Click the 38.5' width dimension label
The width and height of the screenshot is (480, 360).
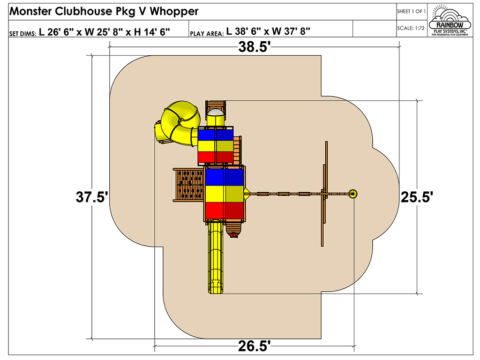(255, 47)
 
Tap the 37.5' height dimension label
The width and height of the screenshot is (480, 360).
(92, 197)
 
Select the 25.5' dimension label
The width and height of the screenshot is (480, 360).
(417, 197)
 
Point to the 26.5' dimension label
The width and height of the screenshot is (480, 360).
(255, 346)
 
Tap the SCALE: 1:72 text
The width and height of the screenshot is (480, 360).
(411, 28)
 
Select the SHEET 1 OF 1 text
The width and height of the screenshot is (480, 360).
(411, 11)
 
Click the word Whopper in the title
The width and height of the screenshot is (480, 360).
(174, 12)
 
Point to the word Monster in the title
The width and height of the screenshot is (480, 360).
(30, 11)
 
